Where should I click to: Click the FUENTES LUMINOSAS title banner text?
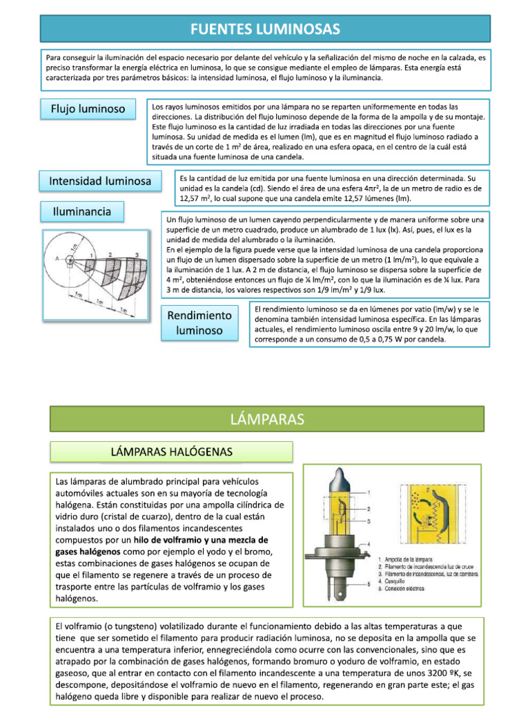266,28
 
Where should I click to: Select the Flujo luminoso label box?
88,108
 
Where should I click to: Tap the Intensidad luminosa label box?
100,181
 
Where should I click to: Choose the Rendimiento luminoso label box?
199,322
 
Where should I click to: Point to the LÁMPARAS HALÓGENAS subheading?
172,452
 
